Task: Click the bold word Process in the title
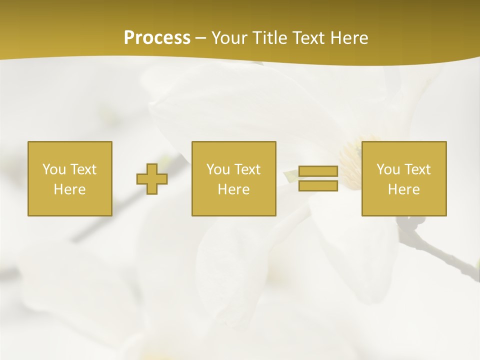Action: [157, 38]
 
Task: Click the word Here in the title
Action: [350, 38]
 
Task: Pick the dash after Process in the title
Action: [201, 38]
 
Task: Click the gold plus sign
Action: [152, 179]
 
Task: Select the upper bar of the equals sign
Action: [318, 171]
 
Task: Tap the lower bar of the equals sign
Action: [318, 186]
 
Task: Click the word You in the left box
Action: [54, 169]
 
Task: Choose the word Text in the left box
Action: [83, 169]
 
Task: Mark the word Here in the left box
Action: [69, 189]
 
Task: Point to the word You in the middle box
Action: [218, 169]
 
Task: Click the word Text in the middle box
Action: [247, 169]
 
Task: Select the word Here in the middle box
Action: [233, 189]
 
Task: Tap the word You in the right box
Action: [388, 169]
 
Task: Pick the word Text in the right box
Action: [417, 169]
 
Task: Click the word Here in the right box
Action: [403, 189]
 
